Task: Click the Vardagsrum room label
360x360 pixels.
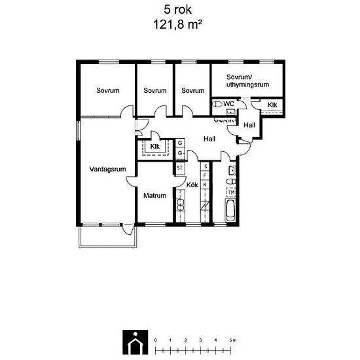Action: tap(107, 170)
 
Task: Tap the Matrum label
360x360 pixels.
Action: tap(154, 196)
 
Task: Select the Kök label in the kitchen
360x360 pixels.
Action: tap(192, 185)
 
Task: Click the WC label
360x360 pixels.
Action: tap(228, 104)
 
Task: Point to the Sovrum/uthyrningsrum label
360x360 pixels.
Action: tap(247, 81)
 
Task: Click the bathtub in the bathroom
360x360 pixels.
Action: tap(230, 210)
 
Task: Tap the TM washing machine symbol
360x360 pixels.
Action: tap(231, 192)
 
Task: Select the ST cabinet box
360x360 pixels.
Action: tap(180, 168)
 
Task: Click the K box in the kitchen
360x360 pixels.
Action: tap(205, 185)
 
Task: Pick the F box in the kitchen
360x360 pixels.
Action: tap(205, 175)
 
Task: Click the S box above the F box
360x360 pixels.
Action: tap(205, 166)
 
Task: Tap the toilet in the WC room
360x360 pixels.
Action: tap(217, 104)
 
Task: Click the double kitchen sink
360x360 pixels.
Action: tap(181, 205)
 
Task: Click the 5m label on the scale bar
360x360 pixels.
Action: tap(233, 340)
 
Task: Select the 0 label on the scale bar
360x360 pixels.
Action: tap(156, 340)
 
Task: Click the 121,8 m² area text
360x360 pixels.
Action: tap(177, 24)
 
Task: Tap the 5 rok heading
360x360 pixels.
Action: tap(177, 10)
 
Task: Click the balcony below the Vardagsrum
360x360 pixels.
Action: tap(108, 237)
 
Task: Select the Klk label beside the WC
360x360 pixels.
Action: tap(272, 105)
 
